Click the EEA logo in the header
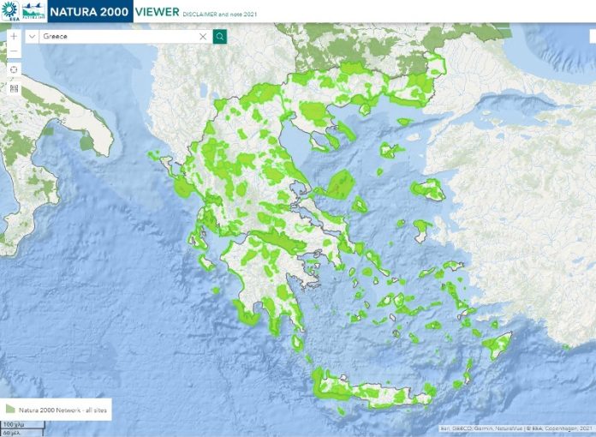coord(10,11)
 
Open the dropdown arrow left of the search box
coord(32,37)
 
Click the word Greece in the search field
coord(55,37)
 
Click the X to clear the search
coord(203,37)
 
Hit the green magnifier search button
coord(220,37)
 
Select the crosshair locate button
coord(14,69)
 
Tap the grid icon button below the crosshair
coord(14,87)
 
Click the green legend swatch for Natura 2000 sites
coord(10,409)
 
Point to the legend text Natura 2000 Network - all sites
coord(62,409)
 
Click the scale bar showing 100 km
coord(13,424)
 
